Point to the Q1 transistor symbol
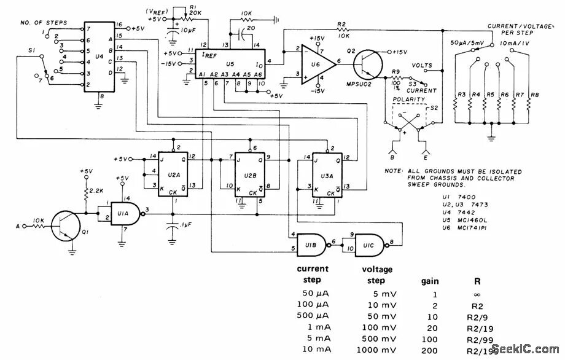(63, 226)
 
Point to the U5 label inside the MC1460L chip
(230, 64)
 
